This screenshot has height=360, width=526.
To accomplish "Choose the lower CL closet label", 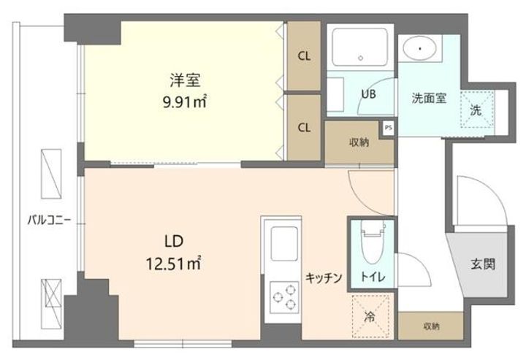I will [x=303, y=127].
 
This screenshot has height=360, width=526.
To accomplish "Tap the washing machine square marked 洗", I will [x=475, y=111].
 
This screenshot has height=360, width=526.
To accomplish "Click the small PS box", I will [x=389, y=127].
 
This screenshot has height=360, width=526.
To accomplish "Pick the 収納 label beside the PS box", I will [x=358, y=142].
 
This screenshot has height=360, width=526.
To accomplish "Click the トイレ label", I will [x=373, y=276].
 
